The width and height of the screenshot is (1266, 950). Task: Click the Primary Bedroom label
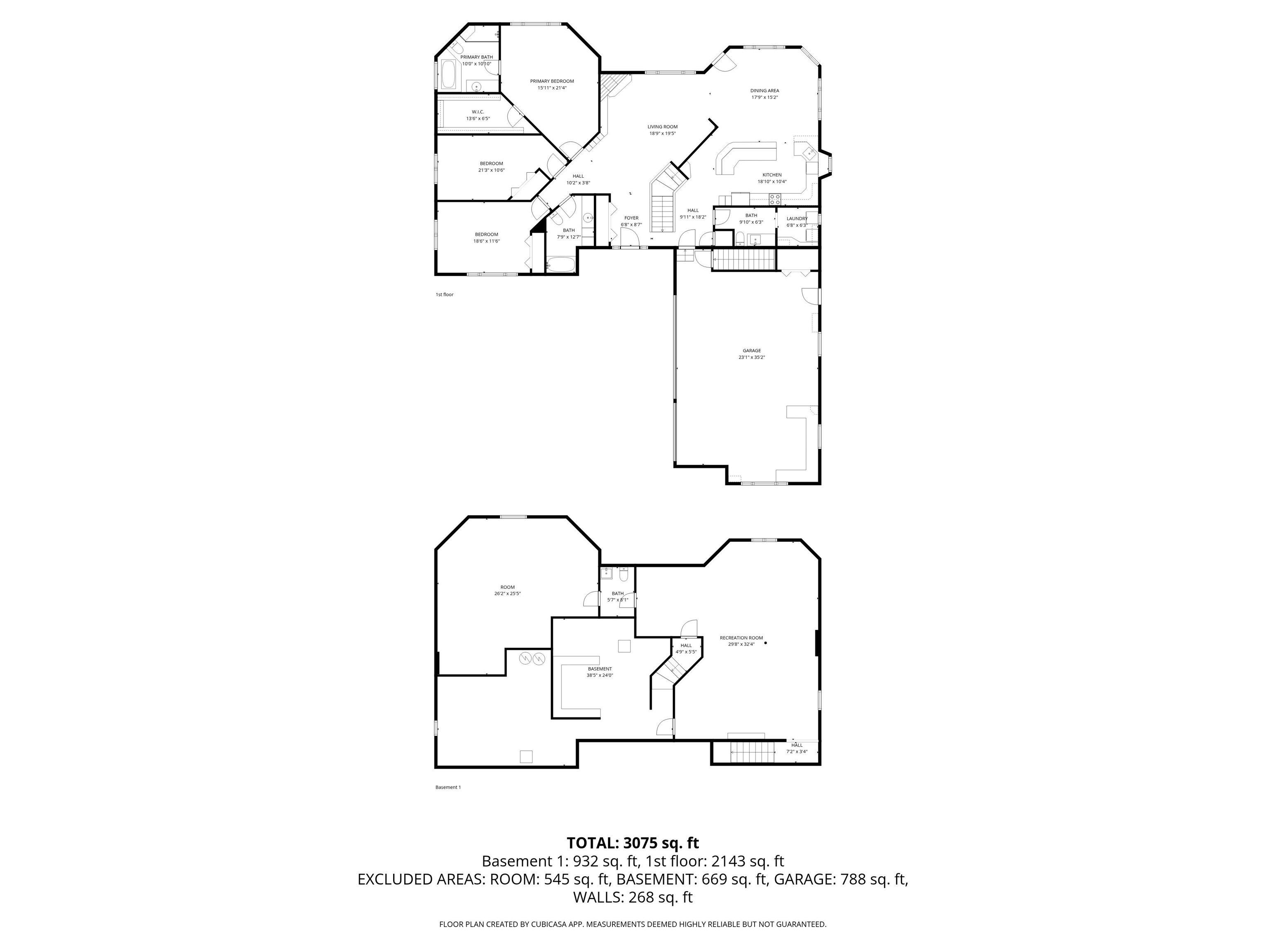click(x=552, y=81)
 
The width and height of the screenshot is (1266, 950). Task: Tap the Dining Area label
click(x=764, y=90)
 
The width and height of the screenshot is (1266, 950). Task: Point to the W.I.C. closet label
click(x=478, y=112)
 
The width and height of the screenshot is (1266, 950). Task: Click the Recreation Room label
click(x=741, y=637)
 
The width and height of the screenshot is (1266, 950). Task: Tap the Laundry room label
click(x=797, y=218)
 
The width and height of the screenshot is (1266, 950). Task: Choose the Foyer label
click(x=631, y=218)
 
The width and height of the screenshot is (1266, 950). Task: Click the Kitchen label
click(x=772, y=175)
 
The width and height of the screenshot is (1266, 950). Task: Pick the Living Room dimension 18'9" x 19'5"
click(x=663, y=134)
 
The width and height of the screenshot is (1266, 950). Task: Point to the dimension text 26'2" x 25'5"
click(x=508, y=593)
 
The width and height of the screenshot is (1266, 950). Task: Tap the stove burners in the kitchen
click(x=775, y=199)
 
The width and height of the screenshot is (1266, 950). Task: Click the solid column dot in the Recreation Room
click(x=766, y=642)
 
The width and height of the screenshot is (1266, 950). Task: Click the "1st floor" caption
click(x=445, y=294)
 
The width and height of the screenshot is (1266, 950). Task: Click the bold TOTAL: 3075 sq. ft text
click(x=633, y=843)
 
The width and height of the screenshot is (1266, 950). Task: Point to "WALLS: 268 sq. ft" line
click(x=633, y=897)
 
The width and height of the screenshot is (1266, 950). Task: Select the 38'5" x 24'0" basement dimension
click(x=600, y=675)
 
